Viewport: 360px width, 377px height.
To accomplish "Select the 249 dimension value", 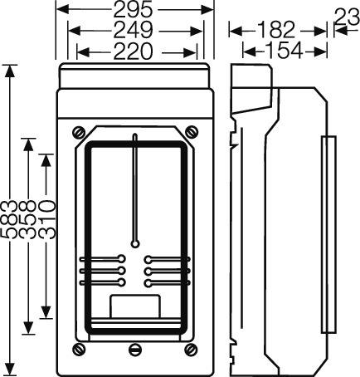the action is pyautogui.click(x=133, y=31).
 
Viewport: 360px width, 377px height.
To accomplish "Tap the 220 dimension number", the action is pyautogui.click(x=133, y=51).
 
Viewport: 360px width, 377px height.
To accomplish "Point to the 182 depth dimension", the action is pyautogui.click(x=276, y=30).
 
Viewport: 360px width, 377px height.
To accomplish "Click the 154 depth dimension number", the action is pyautogui.click(x=284, y=50).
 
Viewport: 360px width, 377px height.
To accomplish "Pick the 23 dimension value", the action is pyautogui.click(x=348, y=17).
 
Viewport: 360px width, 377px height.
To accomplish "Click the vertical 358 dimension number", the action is pyautogui.click(x=27, y=220).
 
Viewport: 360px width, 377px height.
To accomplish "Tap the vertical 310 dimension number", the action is pyautogui.click(x=46, y=220).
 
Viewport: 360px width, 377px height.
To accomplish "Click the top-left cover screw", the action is pyautogui.click(x=79, y=132).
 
